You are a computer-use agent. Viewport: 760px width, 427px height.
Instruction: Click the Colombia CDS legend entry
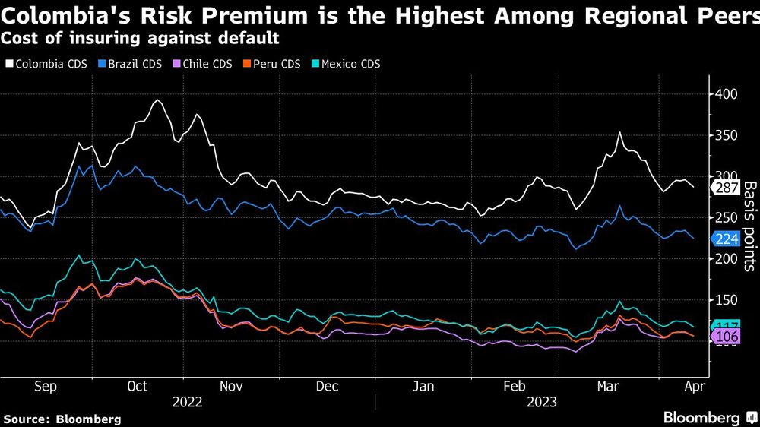[x=45, y=64]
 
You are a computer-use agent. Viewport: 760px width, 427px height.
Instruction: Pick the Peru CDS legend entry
[x=274, y=64]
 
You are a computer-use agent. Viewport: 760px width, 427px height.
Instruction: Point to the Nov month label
[x=231, y=387]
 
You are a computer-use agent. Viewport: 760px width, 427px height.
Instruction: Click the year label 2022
[x=187, y=402]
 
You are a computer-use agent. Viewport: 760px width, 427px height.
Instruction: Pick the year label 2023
[x=541, y=402]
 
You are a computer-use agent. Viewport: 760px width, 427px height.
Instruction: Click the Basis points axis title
[x=749, y=226]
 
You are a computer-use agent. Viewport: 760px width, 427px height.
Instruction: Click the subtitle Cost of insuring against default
[x=140, y=37]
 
